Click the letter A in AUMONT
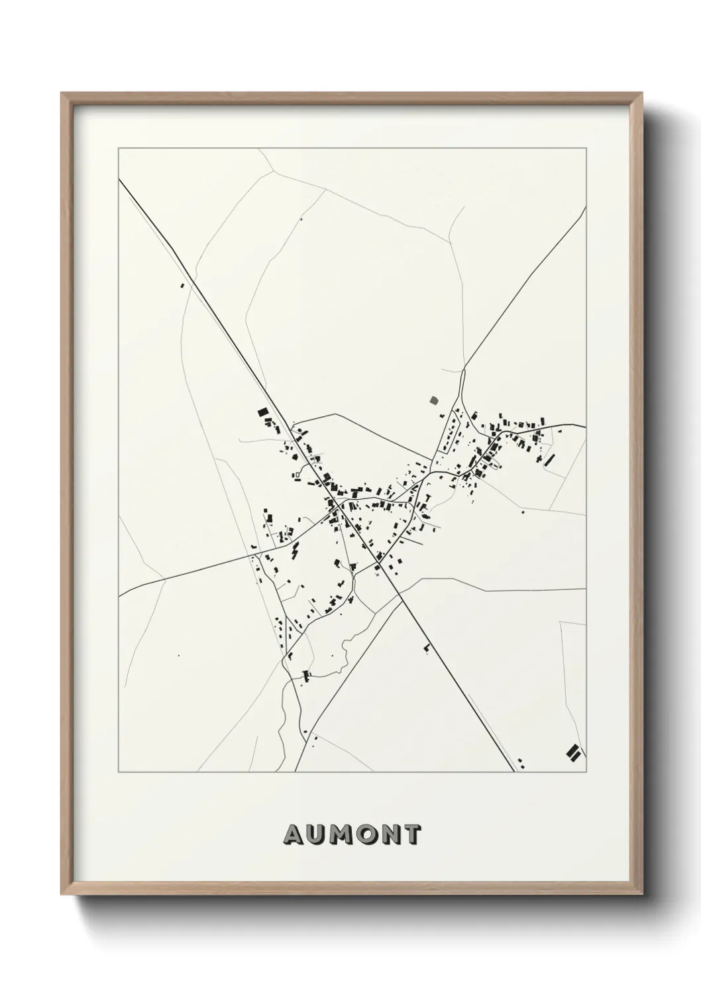[x=294, y=835]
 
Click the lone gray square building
[x=434, y=400]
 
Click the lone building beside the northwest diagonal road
[x=183, y=286]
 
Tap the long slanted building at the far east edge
[x=549, y=459]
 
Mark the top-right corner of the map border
[x=585, y=148]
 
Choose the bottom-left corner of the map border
[x=119, y=772]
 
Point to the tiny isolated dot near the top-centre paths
[x=302, y=219]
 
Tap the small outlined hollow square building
[x=297, y=475]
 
